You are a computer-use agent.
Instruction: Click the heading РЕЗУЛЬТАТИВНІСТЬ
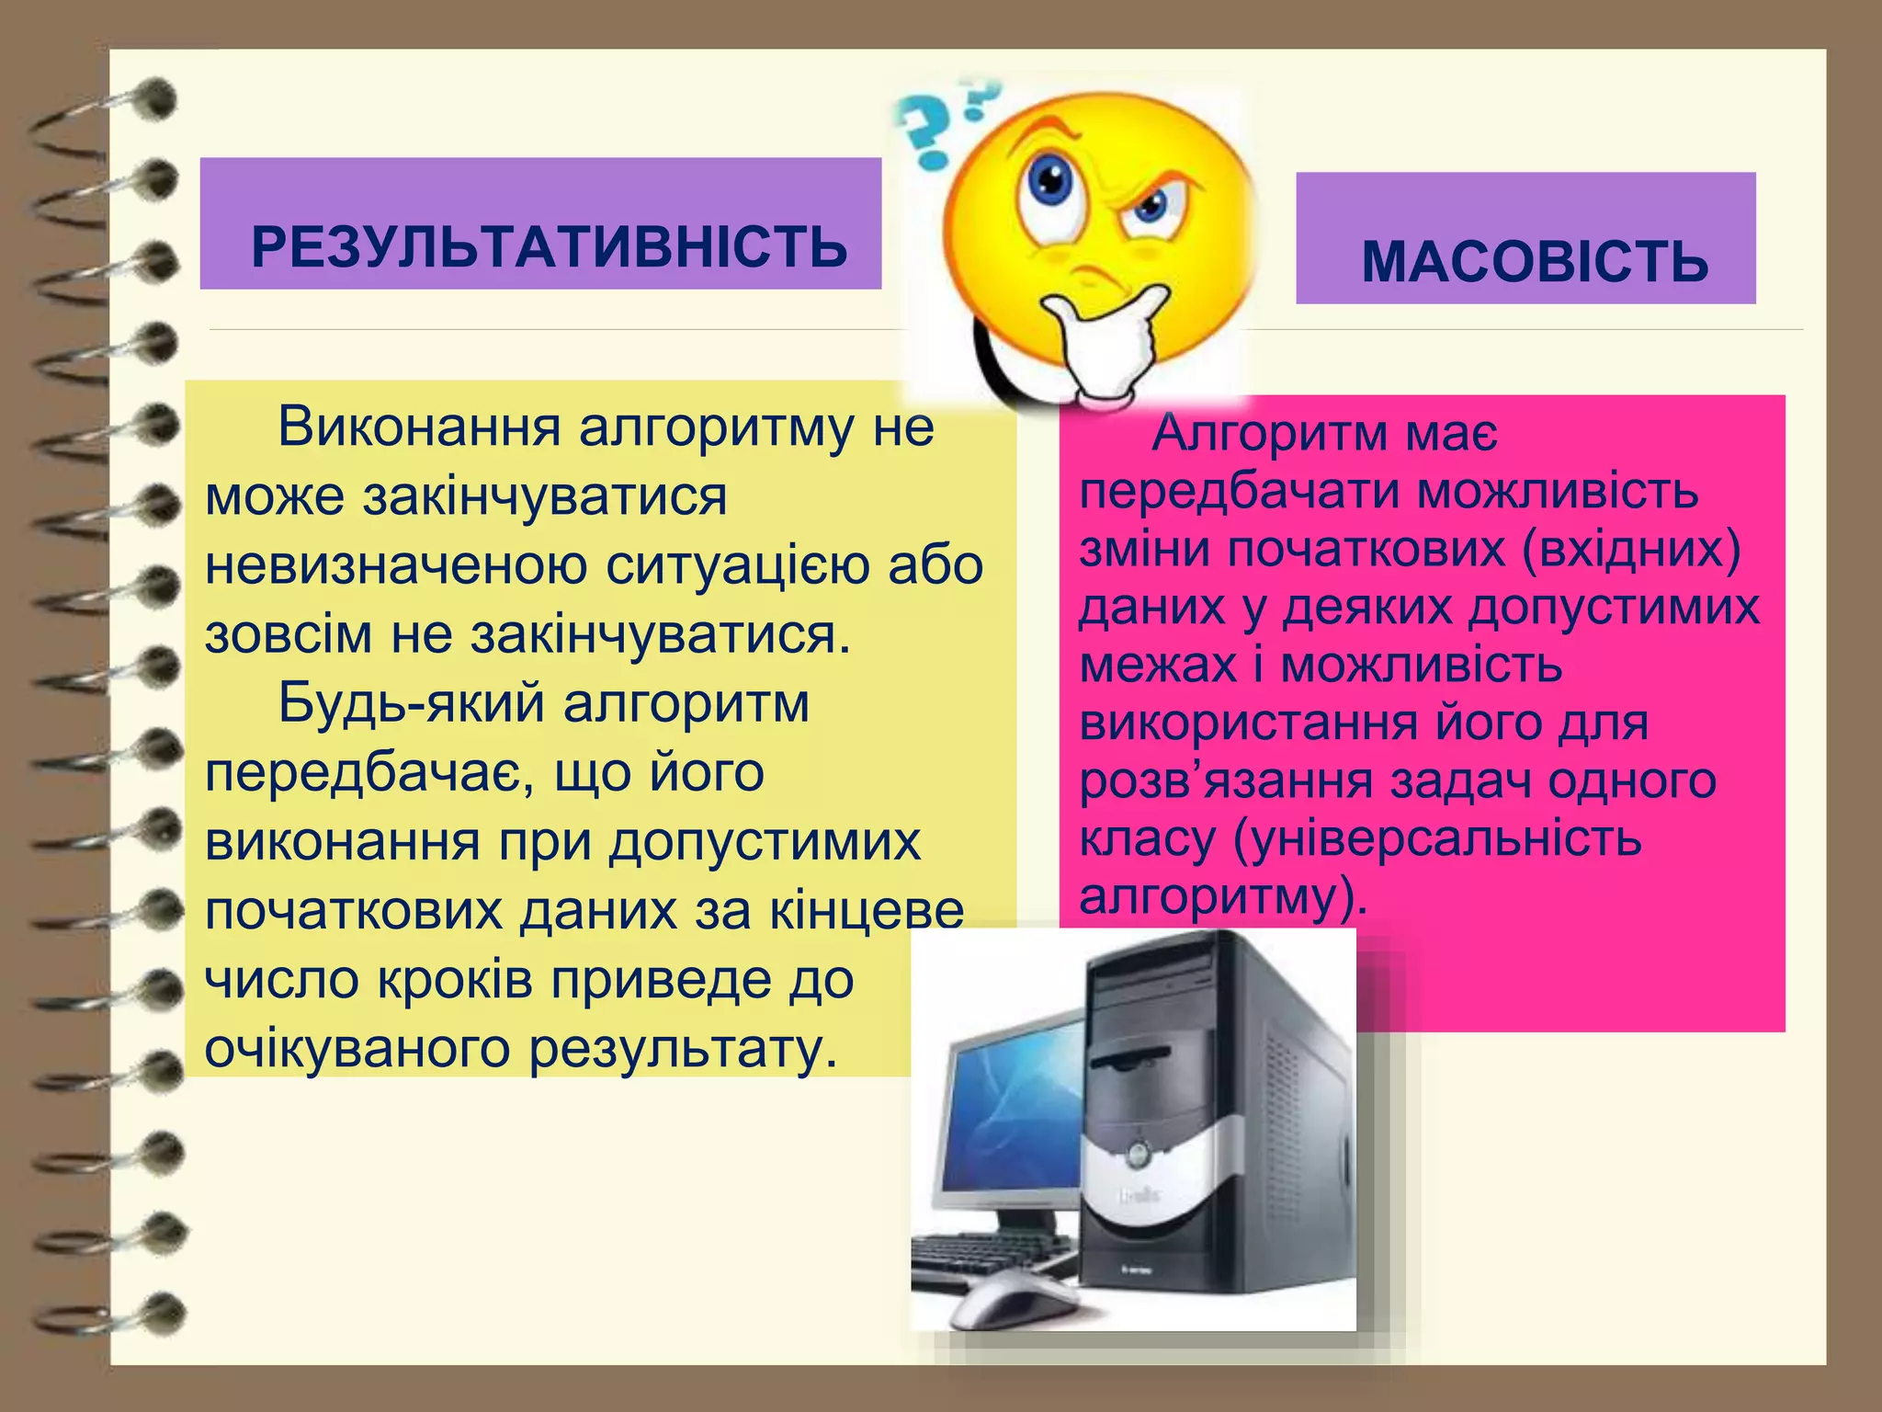(x=549, y=247)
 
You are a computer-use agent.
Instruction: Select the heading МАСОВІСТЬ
(x=1534, y=262)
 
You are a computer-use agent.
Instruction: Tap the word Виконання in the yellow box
(x=419, y=427)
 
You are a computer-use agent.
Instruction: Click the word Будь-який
(x=412, y=704)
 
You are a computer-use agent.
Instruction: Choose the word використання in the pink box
(x=1248, y=723)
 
